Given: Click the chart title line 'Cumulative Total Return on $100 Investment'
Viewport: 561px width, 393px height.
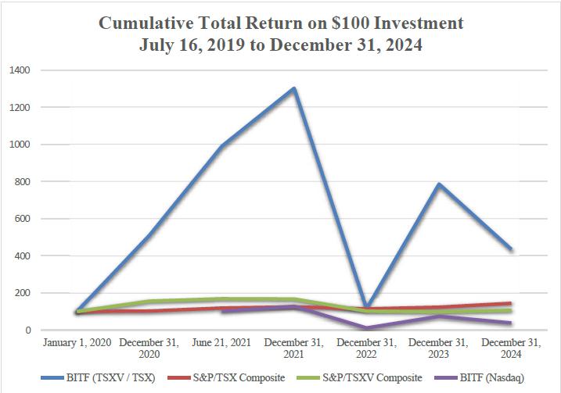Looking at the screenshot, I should click(x=280, y=23).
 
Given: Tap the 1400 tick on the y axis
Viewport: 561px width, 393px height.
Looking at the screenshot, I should click(x=20, y=70).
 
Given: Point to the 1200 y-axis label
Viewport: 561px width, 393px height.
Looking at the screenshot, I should click(x=20, y=108).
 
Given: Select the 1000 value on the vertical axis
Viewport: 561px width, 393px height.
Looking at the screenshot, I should click(x=20, y=145).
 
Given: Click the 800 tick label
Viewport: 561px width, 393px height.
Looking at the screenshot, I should click(x=23, y=182).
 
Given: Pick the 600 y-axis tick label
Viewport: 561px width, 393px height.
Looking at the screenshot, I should click(x=23, y=219).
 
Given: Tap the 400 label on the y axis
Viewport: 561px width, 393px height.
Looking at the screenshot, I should click(x=23, y=256).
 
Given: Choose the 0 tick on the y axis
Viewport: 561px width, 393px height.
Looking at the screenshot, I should click(x=27, y=330).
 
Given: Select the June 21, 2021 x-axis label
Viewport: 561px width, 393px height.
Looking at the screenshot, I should click(x=222, y=343).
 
